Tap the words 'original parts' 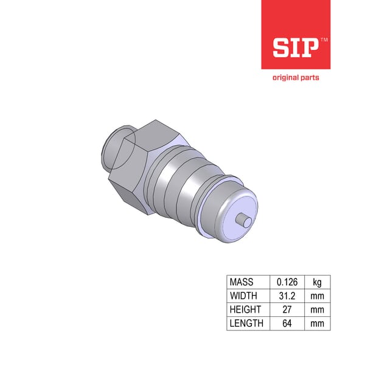(295, 78)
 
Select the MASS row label (242, 282)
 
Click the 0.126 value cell (287, 282)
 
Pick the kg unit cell (318, 282)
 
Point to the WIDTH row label (243, 296)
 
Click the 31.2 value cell (287, 296)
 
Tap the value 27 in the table (287, 310)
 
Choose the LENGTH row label (246, 323)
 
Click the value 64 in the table (287, 323)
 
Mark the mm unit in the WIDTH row (318, 296)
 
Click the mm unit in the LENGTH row (318, 323)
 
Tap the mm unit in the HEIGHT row (318, 310)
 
